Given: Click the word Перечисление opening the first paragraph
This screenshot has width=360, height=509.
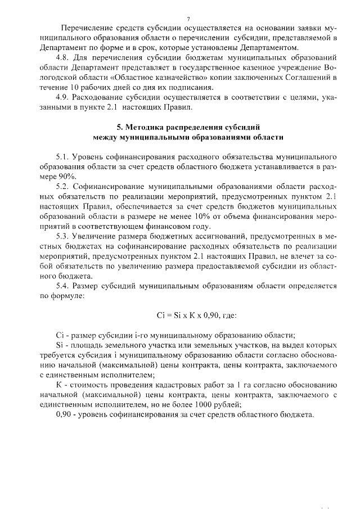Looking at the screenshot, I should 88,28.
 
